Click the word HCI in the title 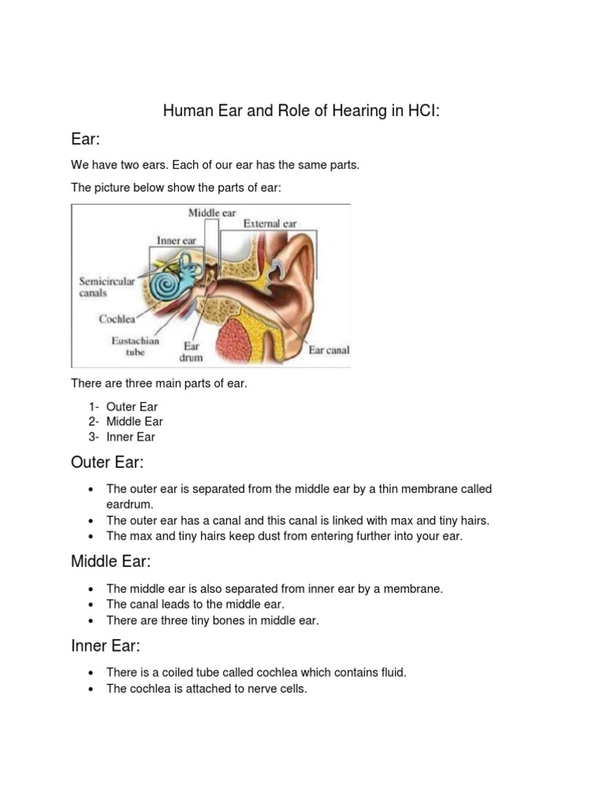tap(420, 111)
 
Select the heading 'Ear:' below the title tap(86, 140)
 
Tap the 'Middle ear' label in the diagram tap(212, 213)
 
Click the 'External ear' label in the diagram tap(270, 224)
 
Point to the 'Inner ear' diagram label tap(176, 240)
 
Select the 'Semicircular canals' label tap(107, 287)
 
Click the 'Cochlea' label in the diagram tap(117, 319)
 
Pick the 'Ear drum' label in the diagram tap(192, 351)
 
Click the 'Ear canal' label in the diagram tap(328, 350)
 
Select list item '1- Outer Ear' tap(123, 407)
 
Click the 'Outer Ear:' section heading tap(108, 462)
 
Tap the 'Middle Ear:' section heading tap(111, 561)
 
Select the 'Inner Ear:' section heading tap(105, 646)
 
